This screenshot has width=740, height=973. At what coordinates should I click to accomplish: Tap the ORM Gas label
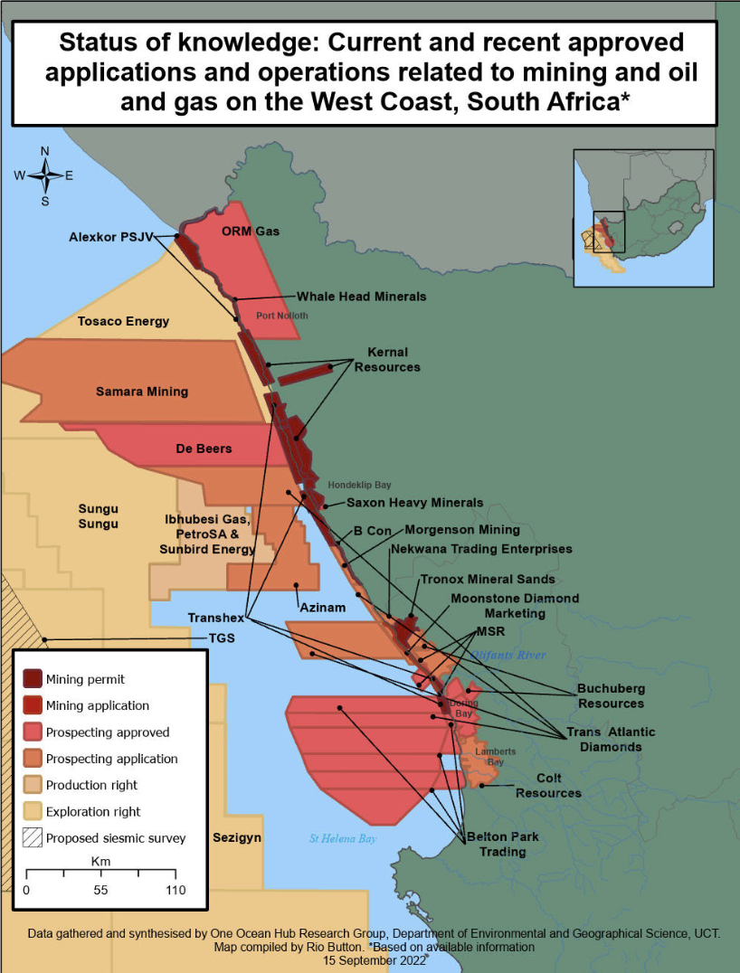251,231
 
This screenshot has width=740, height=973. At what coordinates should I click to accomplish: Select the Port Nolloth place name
281,316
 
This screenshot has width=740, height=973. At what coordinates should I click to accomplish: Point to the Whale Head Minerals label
361,297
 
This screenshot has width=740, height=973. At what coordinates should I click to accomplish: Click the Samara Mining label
142,392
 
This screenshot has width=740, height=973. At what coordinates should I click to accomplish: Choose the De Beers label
204,449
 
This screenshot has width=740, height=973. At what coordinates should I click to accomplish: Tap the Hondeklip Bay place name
359,485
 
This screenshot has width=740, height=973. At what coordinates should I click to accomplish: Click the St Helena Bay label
342,839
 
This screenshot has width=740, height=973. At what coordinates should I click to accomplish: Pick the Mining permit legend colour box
33,679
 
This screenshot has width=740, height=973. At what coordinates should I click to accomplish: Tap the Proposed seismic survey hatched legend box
33,838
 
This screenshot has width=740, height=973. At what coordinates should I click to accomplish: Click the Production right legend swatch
33,785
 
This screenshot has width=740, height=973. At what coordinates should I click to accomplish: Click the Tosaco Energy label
123,321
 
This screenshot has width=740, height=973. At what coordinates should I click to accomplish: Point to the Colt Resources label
548,785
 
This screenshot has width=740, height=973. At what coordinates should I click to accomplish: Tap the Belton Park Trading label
502,844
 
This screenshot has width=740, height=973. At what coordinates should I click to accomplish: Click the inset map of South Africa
643,217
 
